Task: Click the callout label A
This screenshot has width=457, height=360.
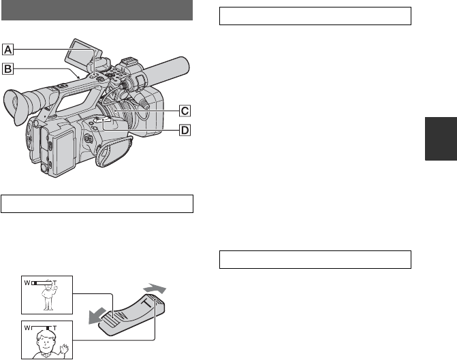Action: pyautogui.click(x=8, y=50)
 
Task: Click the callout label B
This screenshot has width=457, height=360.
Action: pyautogui.click(x=8, y=69)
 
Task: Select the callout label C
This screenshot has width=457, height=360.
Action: pyautogui.click(x=185, y=111)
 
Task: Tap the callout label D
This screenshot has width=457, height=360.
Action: pyautogui.click(x=185, y=130)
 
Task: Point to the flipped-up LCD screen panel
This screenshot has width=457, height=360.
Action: pyautogui.click(x=83, y=53)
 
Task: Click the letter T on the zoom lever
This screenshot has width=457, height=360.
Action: pyautogui.click(x=148, y=303)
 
